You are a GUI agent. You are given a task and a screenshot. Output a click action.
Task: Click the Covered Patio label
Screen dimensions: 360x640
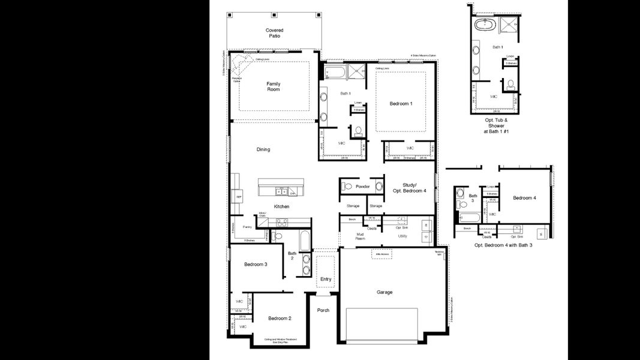click(x=274, y=33)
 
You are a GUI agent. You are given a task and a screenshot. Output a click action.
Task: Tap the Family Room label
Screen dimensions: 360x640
click(x=274, y=86)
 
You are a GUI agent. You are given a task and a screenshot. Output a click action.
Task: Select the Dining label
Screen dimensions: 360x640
click(x=263, y=149)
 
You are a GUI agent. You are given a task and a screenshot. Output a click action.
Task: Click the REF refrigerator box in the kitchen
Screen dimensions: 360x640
click(x=238, y=196)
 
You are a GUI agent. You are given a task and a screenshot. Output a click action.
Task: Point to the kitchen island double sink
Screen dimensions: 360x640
click(x=280, y=192)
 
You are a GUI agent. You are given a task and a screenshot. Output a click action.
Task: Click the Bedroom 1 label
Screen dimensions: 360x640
click(x=401, y=104)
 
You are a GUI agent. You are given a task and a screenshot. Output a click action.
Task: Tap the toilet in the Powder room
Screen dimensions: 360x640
click(x=344, y=187)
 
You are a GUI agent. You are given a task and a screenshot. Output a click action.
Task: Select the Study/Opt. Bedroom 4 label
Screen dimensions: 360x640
click(x=409, y=187)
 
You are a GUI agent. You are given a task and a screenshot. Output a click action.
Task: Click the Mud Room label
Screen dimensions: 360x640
click(x=361, y=236)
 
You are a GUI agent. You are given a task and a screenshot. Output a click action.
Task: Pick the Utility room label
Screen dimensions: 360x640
click(x=402, y=236)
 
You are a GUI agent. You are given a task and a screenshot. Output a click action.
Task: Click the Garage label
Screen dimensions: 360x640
click(x=384, y=292)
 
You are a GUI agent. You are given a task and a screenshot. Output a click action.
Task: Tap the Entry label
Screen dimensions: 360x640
click(x=326, y=279)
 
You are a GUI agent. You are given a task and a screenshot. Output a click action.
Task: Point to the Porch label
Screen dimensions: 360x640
click(x=323, y=310)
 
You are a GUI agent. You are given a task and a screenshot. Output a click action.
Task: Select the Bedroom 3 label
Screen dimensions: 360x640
click(x=256, y=264)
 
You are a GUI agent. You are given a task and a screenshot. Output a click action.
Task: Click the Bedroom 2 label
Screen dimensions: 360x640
click(x=280, y=318)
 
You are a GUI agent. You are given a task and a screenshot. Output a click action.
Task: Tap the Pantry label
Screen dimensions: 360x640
click(x=247, y=227)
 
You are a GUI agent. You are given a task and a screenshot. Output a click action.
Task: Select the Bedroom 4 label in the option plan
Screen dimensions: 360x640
click(x=524, y=197)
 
